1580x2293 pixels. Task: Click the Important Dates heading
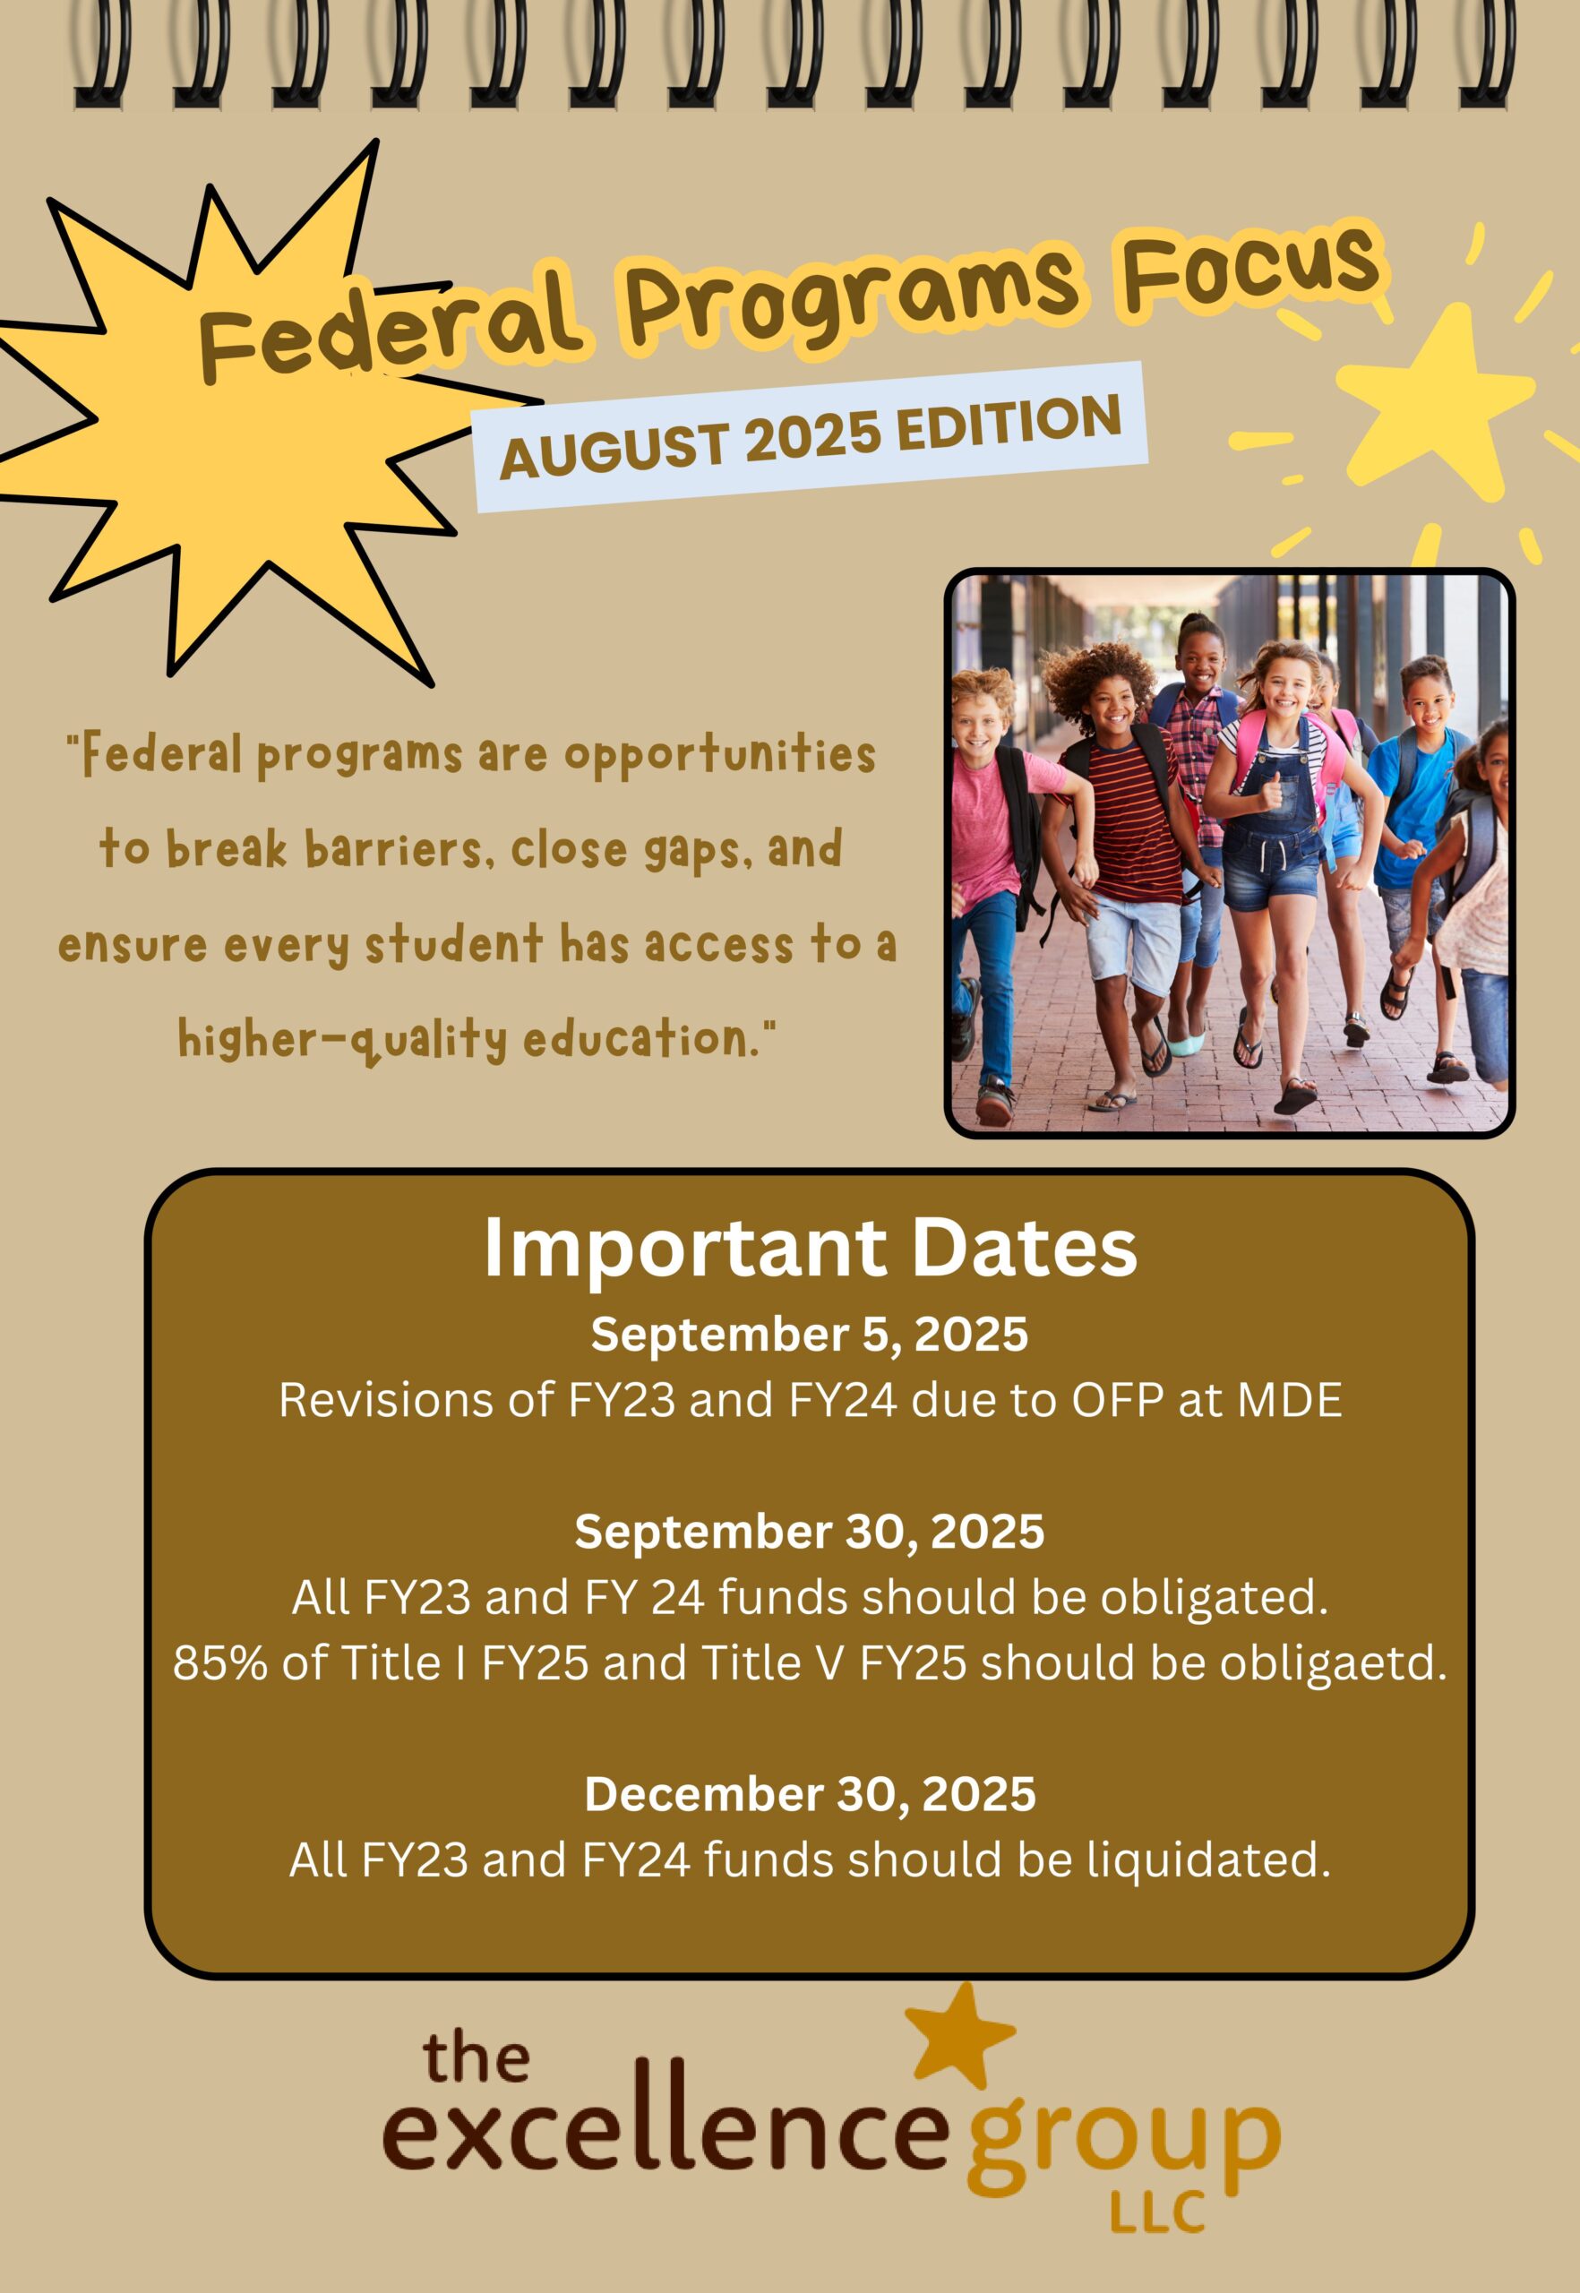tap(809, 1250)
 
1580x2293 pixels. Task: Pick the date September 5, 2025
tap(809, 1335)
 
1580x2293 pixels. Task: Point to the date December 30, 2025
tap(809, 1795)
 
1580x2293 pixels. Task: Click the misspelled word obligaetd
tap(1333, 1665)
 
